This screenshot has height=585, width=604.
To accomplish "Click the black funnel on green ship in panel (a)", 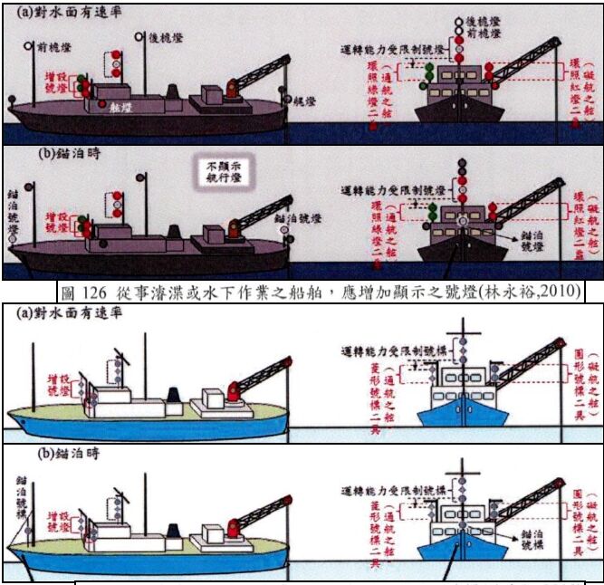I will coord(172,394).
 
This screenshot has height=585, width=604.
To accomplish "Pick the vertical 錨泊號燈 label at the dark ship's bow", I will coord(12,211).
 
